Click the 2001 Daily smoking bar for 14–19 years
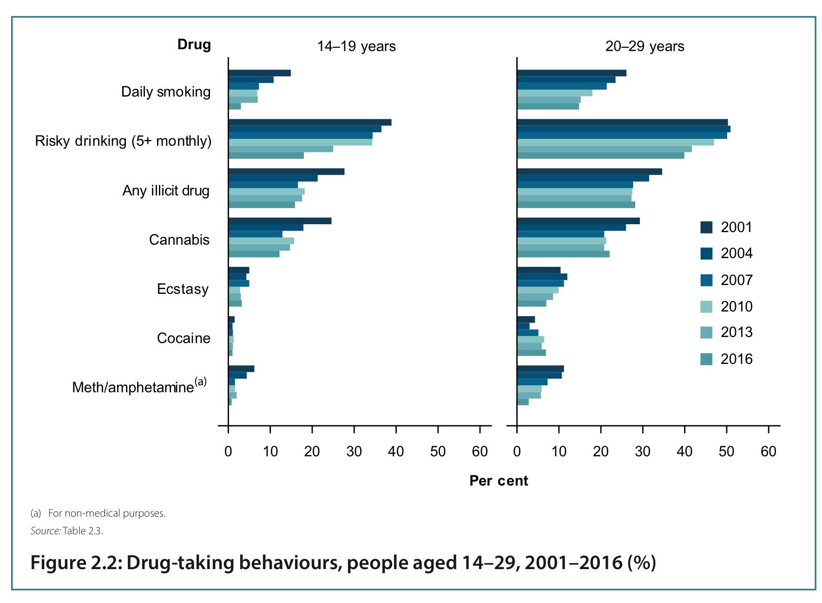[x=259, y=73]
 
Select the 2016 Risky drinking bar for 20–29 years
[x=600, y=156]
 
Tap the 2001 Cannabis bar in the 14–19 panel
[x=280, y=221]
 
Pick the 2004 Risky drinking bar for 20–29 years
[x=623, y=129]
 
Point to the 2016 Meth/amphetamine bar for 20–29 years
[x=523, y=402]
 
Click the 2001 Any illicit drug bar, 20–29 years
[x=589, y=172]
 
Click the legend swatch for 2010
[x=706, y=306]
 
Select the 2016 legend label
[x=736, y=359]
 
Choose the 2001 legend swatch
[x=706, y=227]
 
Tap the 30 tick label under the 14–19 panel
[x=354, y=451]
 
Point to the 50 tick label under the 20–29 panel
[x=726, y=451]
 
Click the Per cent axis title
[x=498, y=480]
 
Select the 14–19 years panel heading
[x=356, y=46]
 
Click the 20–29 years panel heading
[x=644, y=46]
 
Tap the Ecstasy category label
[x=183, y=289]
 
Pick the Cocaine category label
[x=183, y=338]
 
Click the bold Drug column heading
[x=194, y=45]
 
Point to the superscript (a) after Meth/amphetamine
[x=201, y=382]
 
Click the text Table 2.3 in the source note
[x=82, y=531]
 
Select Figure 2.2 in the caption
[x=76, y=563]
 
